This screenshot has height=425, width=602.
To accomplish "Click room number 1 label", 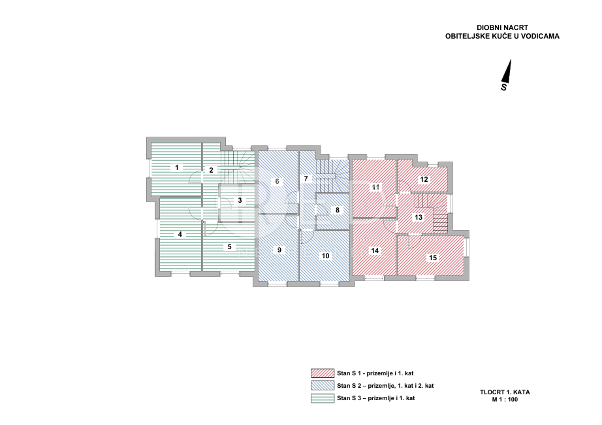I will [x=177, y=167].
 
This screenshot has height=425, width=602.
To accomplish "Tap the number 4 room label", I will [x=180, y=234].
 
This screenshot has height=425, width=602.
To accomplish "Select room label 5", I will [x=229, y=246].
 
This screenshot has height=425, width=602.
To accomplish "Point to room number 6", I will [x=277, y=181].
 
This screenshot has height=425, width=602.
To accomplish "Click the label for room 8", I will [x=338, y=210].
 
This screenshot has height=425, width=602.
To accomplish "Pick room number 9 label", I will [x=279, y=250].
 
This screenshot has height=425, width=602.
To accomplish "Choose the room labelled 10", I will [x=326, y=255].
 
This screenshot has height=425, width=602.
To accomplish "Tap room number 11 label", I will [x=376, y=188].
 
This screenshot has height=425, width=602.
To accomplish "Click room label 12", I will [x=424, y=179].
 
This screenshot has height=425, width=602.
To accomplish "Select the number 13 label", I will [x=419, y=217].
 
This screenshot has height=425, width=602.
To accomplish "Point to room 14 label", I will [x=374, y=250].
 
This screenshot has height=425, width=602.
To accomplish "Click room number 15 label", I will [x=432, y=258].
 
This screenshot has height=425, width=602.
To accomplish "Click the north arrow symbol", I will [x=507, y=74].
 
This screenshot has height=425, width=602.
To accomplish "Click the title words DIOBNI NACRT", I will [x=498, y=27].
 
